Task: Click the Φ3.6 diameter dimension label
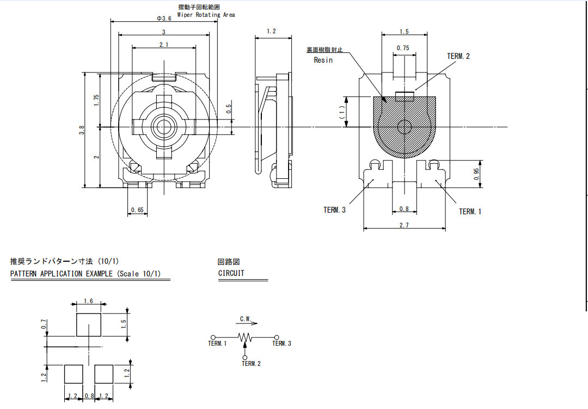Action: click(x=164, y=19)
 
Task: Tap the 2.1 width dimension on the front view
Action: click(x=164, y=45)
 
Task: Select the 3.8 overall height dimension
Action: click(x=82, y=130)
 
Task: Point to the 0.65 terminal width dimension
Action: click(x=137, y=210)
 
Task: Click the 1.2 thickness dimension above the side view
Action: click(x=272, y=31)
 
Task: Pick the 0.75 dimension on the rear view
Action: click(x=403, y=48)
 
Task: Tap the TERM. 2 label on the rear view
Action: click(x=458, y=56)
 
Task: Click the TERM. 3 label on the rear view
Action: click(x=334, y=210)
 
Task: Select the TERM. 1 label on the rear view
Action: click(x=470, y=212)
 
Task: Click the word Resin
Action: click(x=323, y=60)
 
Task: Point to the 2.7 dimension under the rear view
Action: click(x=404, y=225)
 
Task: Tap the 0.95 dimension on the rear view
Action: click(x=476, y=174)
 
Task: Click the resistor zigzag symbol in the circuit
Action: click(x=245, y=337)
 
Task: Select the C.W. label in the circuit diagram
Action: click(x=246, y=319)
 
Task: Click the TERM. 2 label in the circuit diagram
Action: click(x=251, y=364)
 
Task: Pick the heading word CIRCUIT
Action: click(x=231, y=273)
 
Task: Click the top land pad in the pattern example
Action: click(x=89, y=325)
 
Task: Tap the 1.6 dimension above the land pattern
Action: click(x=89, y=301)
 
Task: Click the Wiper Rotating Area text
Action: click(x=206, y=15)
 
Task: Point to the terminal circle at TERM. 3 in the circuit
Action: click(x=277, y=337)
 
